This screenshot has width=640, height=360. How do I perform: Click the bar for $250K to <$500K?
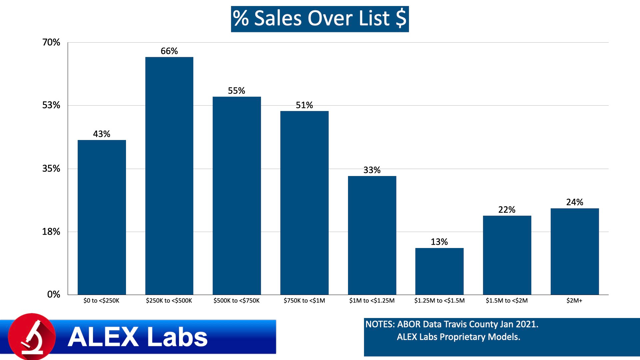point(169,176)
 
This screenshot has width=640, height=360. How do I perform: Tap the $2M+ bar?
point(575,251)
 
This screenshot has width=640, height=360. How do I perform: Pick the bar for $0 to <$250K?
point(102,217)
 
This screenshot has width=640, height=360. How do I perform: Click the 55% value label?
point(236,91)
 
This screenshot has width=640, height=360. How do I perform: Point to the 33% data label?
point(372,170)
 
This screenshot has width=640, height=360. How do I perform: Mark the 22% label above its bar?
point(507,210)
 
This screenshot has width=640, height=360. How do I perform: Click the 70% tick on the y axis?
point(51,42)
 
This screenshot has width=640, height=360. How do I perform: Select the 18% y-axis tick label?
point(51,232)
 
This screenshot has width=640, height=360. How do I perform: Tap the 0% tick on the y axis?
point(53,294)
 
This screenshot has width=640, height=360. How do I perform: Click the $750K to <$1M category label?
point(304,301)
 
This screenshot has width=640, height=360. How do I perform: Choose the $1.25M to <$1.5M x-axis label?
point(439,301)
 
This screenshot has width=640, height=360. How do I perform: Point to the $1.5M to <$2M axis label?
point(507,301)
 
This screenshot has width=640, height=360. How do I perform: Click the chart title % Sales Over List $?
point(320,19)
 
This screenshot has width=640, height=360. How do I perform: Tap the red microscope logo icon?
point(32,336)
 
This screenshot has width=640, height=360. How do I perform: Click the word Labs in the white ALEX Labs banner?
point(177,337)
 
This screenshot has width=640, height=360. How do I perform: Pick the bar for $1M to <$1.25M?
point(372,235)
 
